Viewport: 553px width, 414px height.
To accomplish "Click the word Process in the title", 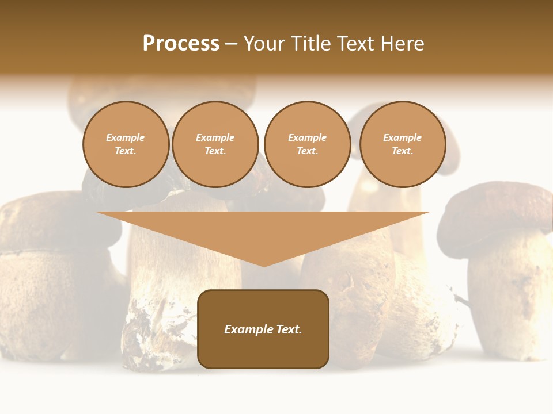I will coord(181,44).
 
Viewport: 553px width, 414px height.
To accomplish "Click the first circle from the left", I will coord(126,144).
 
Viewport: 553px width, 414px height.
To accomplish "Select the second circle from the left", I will coord(215,144).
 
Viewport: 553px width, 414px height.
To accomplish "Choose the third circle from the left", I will coord(307,144).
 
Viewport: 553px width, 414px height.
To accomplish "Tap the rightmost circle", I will coord(402,144).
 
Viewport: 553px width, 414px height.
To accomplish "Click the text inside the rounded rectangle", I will coord(263,329).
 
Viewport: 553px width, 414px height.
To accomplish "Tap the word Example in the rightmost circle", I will coord(402,138).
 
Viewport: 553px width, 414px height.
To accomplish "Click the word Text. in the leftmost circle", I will coord(126,151).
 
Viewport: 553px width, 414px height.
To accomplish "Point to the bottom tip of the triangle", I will coord(263,265).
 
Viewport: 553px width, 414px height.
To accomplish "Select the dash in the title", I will coord(231,44).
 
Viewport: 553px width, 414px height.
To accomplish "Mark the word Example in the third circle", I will coord(307,138).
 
